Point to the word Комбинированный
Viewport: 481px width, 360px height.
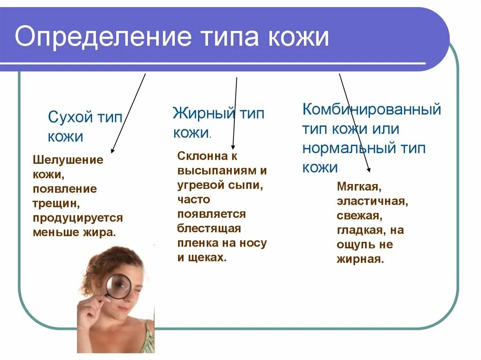pos(372,110)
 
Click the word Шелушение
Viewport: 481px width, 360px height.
pos(68,160)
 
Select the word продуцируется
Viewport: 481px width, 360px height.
pos(78,218)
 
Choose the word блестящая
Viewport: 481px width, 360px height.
pos(209,229)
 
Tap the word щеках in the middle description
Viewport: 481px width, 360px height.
pos(207,258)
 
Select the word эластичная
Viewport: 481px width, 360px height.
pos(372,201)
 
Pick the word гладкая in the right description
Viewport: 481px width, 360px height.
pos(359,230)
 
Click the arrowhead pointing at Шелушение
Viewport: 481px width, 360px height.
pos(112,151)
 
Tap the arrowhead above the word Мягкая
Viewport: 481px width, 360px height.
pos(369,170)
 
